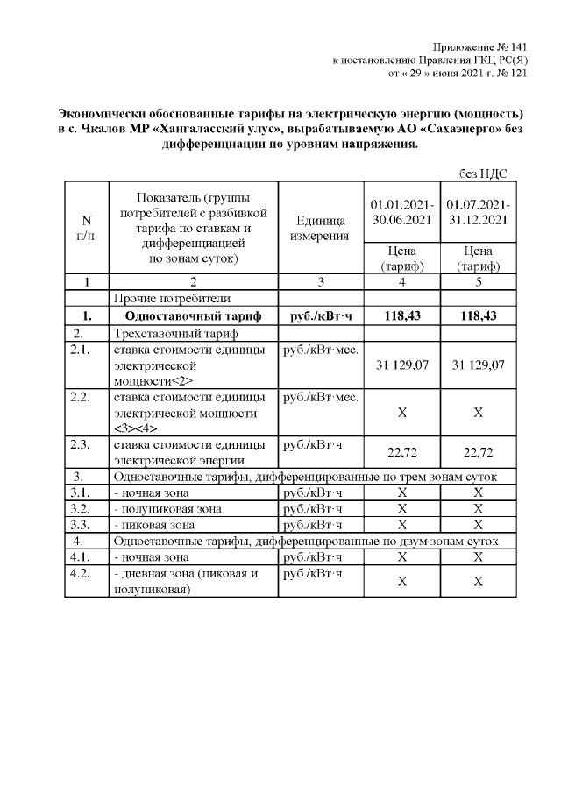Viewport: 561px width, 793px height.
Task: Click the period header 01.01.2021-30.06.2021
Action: [x=399, y=212]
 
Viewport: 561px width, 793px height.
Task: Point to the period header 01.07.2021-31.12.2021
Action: [x=477, y=212]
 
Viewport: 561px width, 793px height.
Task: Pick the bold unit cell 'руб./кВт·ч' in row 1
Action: [x=318, y=316]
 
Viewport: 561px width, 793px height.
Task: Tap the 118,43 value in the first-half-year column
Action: [x=399, y=316]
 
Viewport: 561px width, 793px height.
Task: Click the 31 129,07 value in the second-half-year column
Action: [x=477, y=364]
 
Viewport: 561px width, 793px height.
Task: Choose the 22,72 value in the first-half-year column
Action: [x=399, y=452]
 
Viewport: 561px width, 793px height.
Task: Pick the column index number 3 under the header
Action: [x=318, y=282]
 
